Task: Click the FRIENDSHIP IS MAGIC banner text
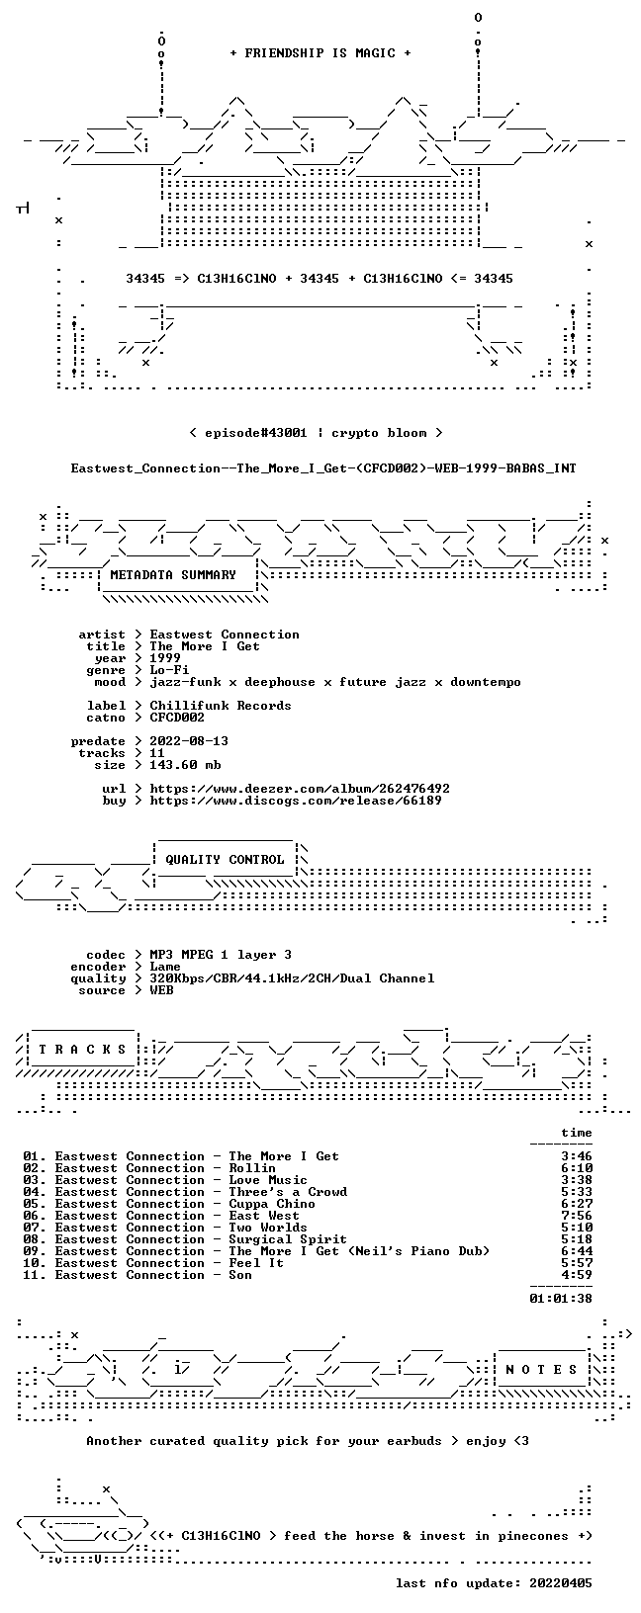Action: (x=320, y=53)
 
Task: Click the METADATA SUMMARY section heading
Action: (x=173, y=575)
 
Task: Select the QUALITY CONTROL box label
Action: (x=225, y=860)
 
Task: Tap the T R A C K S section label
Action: (x=82, y=1050)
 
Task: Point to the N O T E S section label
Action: (x=541, y=1370)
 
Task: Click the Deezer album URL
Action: (x=299, y=789)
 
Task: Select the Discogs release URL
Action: (x=296, y=800)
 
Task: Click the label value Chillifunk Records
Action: (x=221, y=706)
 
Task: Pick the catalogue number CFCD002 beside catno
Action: (x=177, y=718)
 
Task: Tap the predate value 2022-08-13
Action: (x=189, y=741)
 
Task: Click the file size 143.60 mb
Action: (x=185, y=765)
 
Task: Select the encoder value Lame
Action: (x=165, y=967)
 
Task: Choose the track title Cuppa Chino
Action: (x=272, y=1204)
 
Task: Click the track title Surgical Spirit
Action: (x=288, y=1239)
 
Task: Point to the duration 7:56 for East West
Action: (x=577, y=1216)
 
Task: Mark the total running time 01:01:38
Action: (x=561, y=1299)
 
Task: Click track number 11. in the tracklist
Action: (x=35, y=1275)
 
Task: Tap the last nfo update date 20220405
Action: (x=561, y=1583)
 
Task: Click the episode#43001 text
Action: (x=256, y=433)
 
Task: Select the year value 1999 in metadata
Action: (x=165, y=658)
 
